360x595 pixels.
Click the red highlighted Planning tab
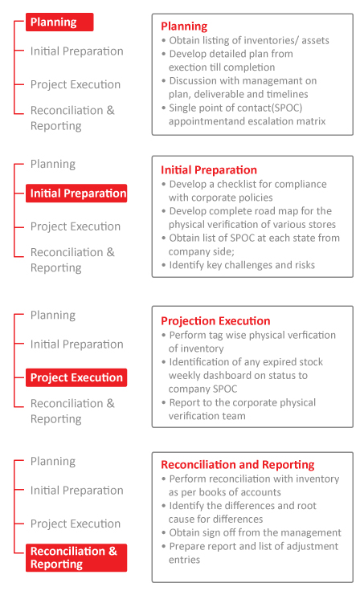59,22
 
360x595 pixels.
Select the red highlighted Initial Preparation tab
77,194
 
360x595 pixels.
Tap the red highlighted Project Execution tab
76,377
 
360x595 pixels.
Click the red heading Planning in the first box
184,26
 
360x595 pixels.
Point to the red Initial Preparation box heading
209,170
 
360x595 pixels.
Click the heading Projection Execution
215,321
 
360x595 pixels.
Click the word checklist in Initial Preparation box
243,184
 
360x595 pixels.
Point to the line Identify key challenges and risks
242,264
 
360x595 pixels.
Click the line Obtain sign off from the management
255,532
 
